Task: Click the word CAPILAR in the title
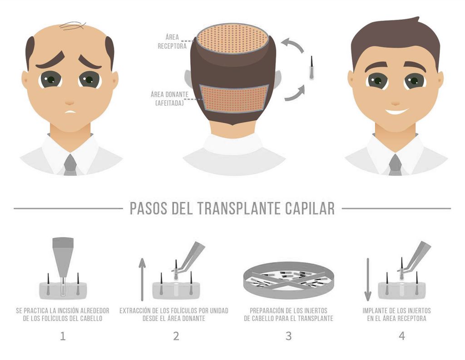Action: pyautogui.click(x=310, y=208)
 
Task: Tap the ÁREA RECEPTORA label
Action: pyautogui.click(x=172, y=41)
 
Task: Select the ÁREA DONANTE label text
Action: pyautogui.click(x=169, y=99)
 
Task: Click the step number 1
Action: pyautogui.click(x=63, y=336)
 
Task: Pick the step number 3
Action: pyautogui.click(x=288, y=336)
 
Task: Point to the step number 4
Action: pyautogui.click(x=401, y=336)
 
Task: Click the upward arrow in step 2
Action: pyautogui.click(x=142, y=279)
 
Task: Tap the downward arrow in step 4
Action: pyautogui.click(x=368, y=279)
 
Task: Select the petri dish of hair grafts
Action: pyautogui.click(x=288, y=280)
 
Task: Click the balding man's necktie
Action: pyautogui.click(x=70, y=165)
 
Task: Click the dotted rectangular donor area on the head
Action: pyautogui.click(x=234, y=99)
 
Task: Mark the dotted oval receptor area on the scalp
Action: pyautogui.click(x=233, y=39)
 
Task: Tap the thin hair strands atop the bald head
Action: pyautogui.click(x=73, y=26)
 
